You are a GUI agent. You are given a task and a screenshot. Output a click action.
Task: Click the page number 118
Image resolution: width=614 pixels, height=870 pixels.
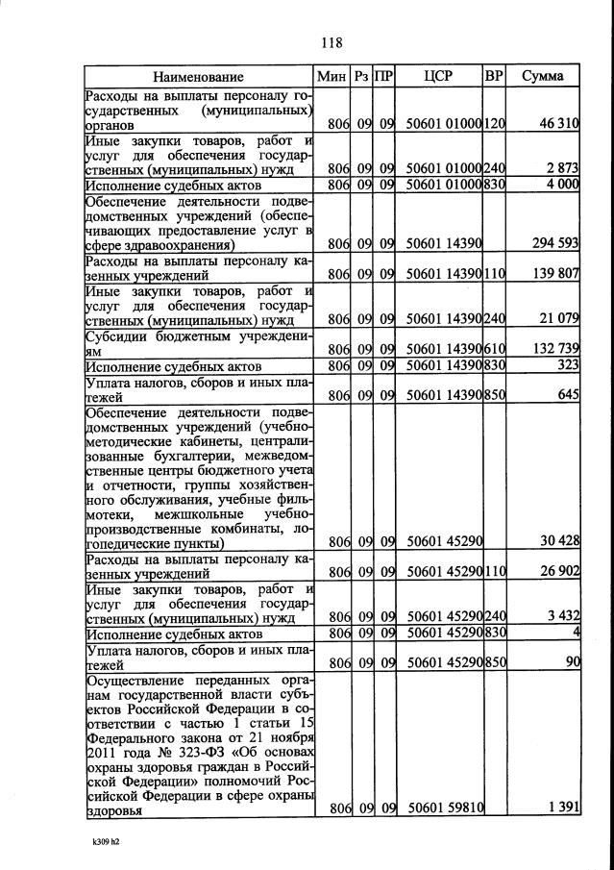[332, 41]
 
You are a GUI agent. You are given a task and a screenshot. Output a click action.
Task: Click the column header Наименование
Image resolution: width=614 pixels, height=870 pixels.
[198, 76]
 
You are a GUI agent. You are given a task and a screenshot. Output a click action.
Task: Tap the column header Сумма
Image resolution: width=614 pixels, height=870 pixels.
[543, 76]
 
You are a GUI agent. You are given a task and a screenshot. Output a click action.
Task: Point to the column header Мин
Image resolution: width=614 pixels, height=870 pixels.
[331, 76]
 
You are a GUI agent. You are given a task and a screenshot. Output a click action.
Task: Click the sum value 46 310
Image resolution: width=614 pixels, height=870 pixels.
[558, 124]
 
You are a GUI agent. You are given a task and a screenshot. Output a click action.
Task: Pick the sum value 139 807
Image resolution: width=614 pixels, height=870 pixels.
[554, 274]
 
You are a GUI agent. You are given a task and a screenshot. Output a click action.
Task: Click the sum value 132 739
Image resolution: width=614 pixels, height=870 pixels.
[554, 347]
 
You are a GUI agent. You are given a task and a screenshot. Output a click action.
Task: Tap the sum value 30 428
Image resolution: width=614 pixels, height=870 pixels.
[558, 541]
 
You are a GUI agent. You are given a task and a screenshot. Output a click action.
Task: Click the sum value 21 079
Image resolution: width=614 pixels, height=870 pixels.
[558, 318]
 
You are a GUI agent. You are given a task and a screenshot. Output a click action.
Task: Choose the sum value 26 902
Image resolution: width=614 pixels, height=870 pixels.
[558, 572]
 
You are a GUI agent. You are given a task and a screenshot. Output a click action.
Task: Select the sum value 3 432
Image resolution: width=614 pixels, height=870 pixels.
[561, 616]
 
